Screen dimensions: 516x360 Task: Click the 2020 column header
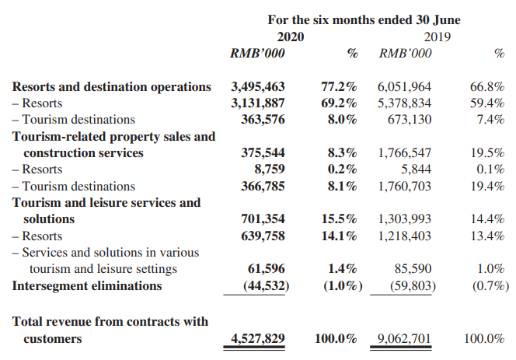(291, 37)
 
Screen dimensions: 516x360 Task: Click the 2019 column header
(437, 37)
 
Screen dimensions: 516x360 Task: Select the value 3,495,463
(258, 86)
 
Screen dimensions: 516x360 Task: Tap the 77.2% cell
(339, 86)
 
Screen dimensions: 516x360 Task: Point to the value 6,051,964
(404, 86)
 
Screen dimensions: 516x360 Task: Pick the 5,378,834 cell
(404, 103)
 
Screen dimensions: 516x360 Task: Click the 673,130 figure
(410, 119)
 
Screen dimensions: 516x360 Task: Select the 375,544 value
(263, 152)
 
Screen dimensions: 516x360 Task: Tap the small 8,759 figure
(270, 169)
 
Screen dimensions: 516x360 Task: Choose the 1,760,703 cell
(404, 186)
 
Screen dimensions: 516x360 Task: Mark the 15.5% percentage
(339, 218)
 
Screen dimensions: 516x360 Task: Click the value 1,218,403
(404, 236)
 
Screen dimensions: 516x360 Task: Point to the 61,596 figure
(267, 269)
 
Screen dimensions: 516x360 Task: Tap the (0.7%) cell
(490, 285)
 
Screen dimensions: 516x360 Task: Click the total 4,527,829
(258, 338)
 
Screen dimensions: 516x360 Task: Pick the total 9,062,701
(404, 338)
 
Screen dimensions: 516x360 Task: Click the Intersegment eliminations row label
(87, 285)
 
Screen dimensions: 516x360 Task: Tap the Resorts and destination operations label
(112, 86)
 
